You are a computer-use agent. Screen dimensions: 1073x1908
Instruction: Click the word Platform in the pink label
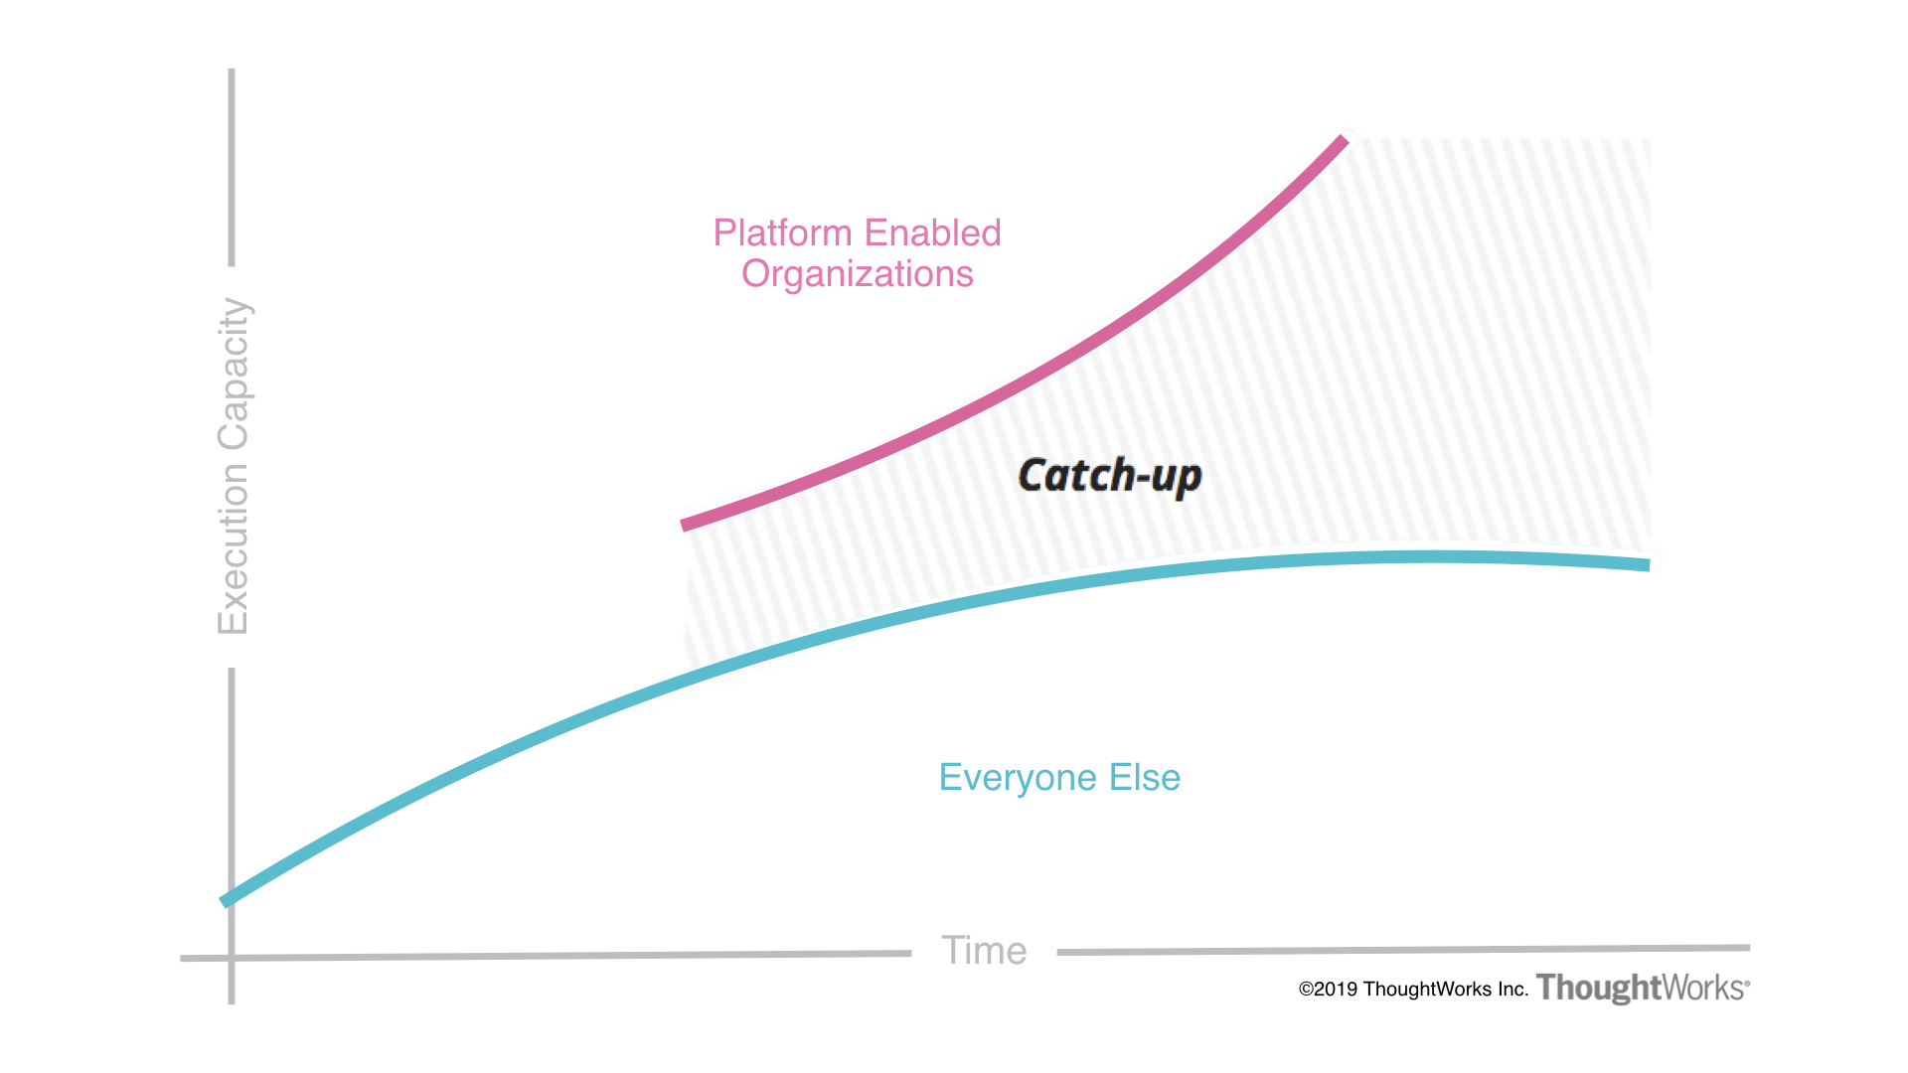pos(783,233)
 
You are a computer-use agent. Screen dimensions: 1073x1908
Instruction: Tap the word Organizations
pos(857,274)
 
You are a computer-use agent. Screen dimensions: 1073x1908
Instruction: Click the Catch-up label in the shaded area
pos(1109,476)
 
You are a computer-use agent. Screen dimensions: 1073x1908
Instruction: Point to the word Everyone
pos(1018,778)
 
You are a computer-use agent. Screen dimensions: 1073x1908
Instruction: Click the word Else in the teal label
pos(1145,778)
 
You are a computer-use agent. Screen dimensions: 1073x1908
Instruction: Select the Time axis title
pos(984,951)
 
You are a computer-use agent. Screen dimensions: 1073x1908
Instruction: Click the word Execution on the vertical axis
pos(234,548)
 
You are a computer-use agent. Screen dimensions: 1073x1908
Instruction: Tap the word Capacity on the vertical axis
pos(234,374)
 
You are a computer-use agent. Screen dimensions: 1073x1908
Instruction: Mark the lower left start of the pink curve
pos(684,525)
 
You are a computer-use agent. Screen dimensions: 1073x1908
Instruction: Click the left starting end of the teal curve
pos(225,902)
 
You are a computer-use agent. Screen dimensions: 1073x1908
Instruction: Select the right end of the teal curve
pos(1649,564)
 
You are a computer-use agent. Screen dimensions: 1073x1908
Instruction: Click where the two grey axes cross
pos(232,958)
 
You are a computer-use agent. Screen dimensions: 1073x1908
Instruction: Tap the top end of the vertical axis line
pos(232,72)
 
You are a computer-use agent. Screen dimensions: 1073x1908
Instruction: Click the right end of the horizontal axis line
pos(1747,948)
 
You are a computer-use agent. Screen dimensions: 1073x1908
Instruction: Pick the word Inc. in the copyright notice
pos(1512,990)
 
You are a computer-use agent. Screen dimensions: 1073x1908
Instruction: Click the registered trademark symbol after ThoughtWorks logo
pos(1747,982)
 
